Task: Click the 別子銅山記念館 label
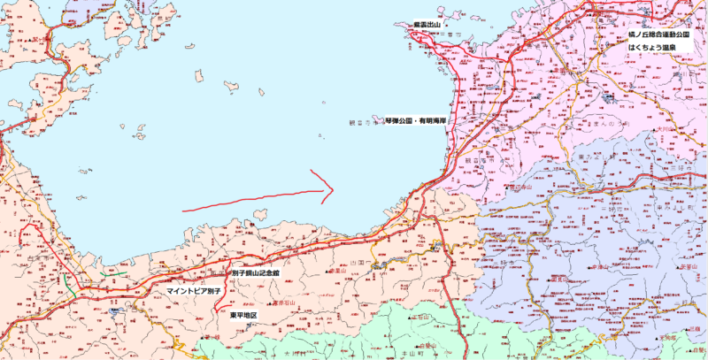[x=255, y=274]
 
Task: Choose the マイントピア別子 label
[x=191, y=290]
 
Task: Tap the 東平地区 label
[x=242, y=315]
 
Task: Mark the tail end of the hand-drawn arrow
[x=182, y=210]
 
